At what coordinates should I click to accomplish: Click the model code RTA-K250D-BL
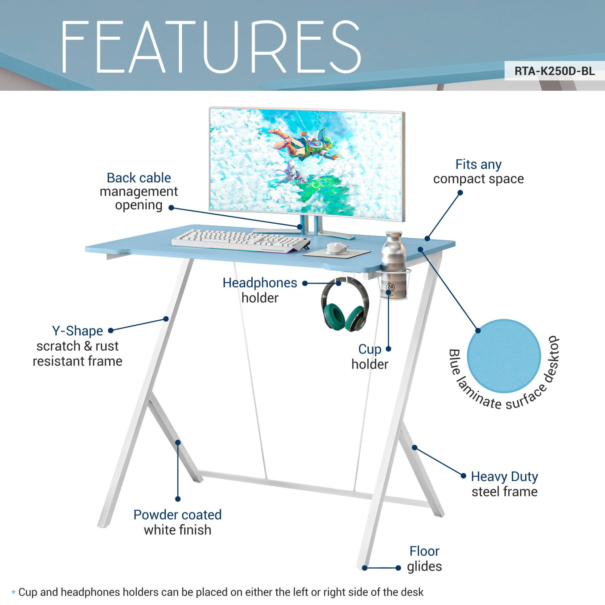click(554, 71)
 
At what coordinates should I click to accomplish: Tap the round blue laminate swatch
click(504, 356)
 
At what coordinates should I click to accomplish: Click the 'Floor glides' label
click(424, 563)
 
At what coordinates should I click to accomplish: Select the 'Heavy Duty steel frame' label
click(504, 484)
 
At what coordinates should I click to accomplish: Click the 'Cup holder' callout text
click(370, 357)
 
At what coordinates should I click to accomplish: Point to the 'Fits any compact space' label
click(478, 172)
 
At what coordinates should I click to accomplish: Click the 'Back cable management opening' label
click(139, 191)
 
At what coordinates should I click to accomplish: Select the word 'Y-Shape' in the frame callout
click(77, 331)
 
